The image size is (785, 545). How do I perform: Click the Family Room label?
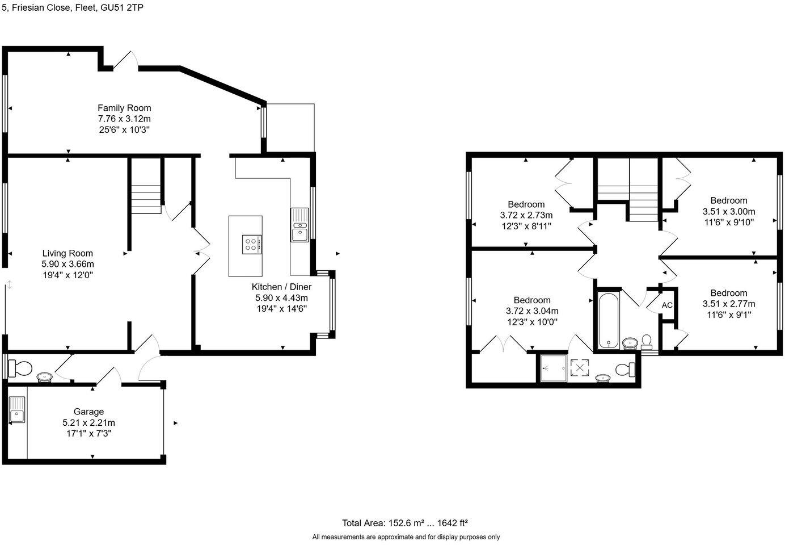pyautogui.click(x=124, y=108)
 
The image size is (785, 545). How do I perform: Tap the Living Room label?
pyautogui.click(x=67, y=253)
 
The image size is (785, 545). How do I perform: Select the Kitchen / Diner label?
pyautogui.click(x=281, y=287)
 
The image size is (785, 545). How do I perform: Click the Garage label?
pyautogui.click(x=88, y=412)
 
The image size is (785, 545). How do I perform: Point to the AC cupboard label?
pyautogui.click(x=667, y=305)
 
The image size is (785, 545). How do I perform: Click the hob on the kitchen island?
pyautogui.click(x=251, y=244)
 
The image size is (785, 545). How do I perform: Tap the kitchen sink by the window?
pyautogui.click(x=299, y=225)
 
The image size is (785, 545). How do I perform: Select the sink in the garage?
pyautogui.click(x=17, y=410)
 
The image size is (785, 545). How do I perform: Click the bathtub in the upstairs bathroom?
pyautogui.click(x=609, y=320)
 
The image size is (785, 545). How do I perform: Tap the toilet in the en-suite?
pyautogui.click(x=626, y=370)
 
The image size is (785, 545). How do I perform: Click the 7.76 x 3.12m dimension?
pyautogui.click(x=124, y=119)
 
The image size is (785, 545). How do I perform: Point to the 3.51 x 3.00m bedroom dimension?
pyautogui.click(x=728, y=211)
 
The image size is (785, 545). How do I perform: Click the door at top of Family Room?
pyautogui.click(x=125, y=61)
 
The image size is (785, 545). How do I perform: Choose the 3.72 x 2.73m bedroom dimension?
pyautogui.click(x=526, y=215)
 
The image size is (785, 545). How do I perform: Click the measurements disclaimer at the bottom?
pyautogui.click(x=406, y=536)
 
